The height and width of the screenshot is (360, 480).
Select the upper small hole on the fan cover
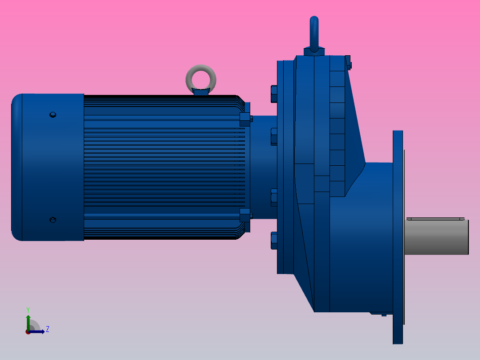coord(53,115)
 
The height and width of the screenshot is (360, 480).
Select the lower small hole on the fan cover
coord(53,220)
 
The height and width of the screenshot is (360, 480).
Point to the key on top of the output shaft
coord(435,219)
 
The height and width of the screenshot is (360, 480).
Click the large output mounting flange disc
coord(398,236)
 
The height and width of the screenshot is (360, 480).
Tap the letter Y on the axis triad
coord(28,309)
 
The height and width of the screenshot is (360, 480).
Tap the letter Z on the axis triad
coord(47,329)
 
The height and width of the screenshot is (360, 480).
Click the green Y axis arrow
coord(28,322)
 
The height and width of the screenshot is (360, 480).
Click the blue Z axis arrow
coord(38,331)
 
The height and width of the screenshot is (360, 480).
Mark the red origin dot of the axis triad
coord(28,332)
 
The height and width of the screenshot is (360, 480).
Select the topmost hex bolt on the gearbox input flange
coord(274,94)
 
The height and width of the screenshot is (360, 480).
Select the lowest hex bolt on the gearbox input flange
coord(274,241)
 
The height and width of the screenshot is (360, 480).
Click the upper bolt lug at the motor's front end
coord(245,119)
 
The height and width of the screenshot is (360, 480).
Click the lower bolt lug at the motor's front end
coord(245,216)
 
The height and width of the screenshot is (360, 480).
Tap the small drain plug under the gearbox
coord(383,315)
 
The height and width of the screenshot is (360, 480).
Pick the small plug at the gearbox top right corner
coord(348,62)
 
